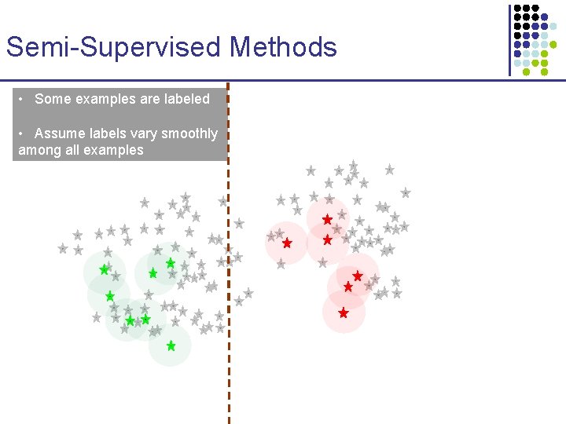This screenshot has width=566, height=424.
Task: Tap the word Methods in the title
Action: pos(283,47)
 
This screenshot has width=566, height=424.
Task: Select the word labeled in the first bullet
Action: pos(186,99)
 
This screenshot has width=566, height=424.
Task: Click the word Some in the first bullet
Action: pos(53,99)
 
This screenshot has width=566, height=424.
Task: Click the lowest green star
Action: pos(171,345)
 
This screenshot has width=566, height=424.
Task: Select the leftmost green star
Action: pos(104,269)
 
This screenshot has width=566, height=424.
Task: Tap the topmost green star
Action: pos(171,263)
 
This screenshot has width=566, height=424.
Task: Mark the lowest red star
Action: pos(344,313)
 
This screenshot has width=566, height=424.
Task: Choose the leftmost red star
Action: pos(287,243)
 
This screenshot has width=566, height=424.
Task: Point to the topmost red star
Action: pos(327,220)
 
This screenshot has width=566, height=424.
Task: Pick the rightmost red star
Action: pos(358,276)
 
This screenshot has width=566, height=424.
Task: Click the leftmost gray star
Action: pos(63,248)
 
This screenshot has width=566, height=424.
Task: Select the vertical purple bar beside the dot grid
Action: pos(509,39)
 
